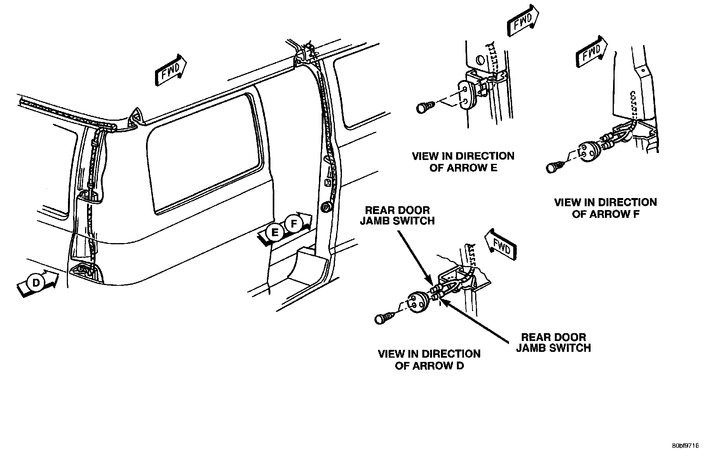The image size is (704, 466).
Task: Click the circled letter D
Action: pyautogui.click(x=36, y=283)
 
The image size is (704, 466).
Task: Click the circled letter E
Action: pyautogui.click(x=275, y=233)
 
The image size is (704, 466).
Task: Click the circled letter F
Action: pyautogui.click(x=294, y=224)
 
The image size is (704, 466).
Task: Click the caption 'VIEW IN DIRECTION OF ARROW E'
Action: pyautogui.click(x=463, y=162)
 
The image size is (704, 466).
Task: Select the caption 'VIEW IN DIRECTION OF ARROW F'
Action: pyautogui.click(x=605, y=208)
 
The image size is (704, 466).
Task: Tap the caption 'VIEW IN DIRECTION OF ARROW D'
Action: pyautogui.click(x=429, y=360)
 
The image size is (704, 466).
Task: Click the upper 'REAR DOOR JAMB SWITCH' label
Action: pyautogui.click(x=397, y=216)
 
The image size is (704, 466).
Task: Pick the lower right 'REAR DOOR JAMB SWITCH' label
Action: pyautogui.click(x=553, y=343)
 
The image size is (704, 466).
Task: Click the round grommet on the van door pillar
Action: pyautogui.click(x=326, y=208)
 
